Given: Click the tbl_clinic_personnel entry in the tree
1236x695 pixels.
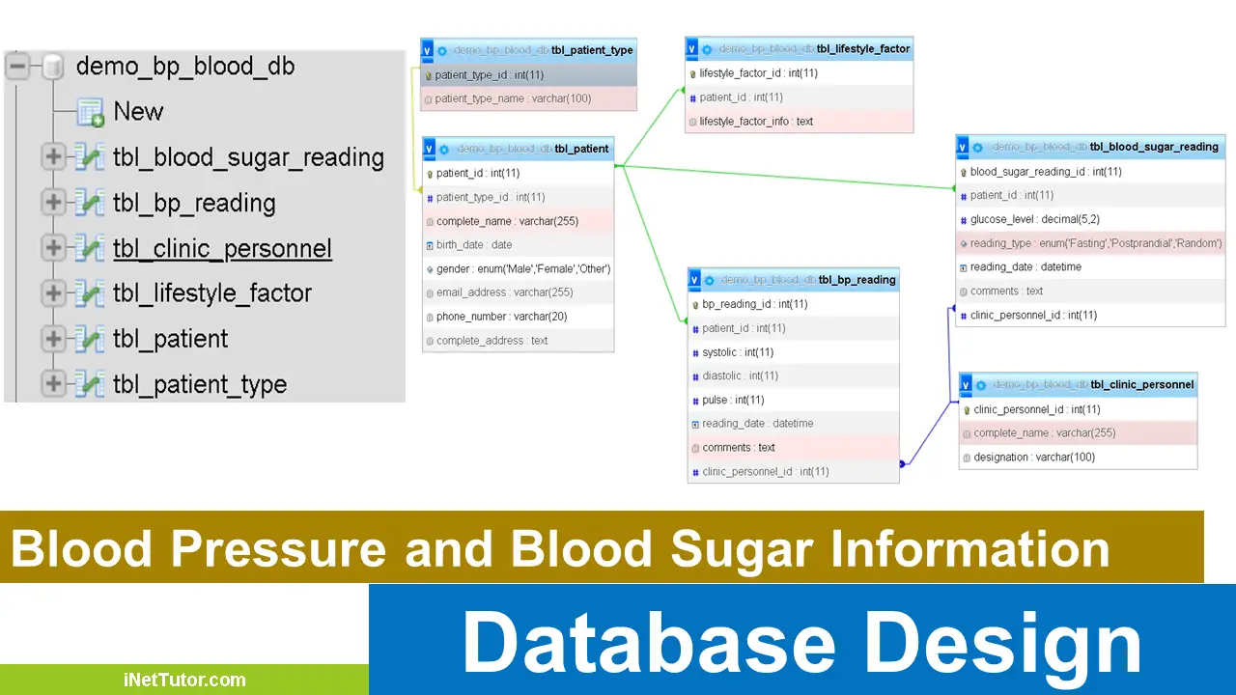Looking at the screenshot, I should coord(222,248).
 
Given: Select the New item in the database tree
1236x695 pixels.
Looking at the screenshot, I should coord(138,111).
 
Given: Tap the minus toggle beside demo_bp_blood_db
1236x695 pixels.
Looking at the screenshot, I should coord(17,67).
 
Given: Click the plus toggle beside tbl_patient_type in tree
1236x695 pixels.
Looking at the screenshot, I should coord(53,384).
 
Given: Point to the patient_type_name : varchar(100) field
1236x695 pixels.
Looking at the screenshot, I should coord(513,98).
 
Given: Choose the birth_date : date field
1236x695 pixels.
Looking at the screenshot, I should coord(474,245).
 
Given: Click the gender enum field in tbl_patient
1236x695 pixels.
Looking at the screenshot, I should coord(522,269).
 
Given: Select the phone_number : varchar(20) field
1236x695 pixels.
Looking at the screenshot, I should coord(501,317).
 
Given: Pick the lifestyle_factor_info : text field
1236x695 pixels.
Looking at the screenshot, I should coord(756,122).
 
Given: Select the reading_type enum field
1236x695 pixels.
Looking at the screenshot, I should coord(1095,243).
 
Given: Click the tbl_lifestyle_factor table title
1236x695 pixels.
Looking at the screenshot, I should coord(862,48).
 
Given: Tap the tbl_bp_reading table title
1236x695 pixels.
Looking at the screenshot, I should coord(857,280).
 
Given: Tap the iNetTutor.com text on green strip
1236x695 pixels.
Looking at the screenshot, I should coord(184,680).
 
